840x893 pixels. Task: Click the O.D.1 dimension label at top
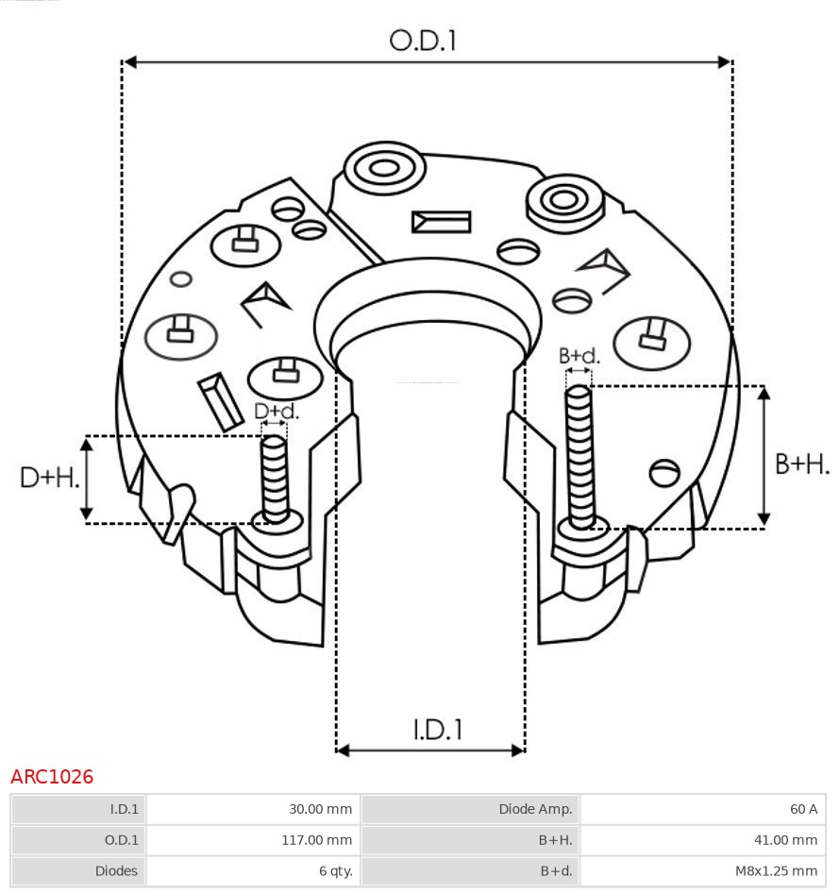click(x=423, y=41)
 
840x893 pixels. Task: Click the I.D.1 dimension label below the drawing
click(x=437, y=729)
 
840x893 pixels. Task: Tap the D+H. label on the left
click(x=48, y=478)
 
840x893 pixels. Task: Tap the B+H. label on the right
click(x=802, y=463)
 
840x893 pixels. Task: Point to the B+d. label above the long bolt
click(x=579, y=356)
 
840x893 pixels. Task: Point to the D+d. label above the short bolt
click(x=277, y=412)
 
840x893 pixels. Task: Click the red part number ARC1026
click(x=52, y=777)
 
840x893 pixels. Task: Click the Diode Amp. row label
click(x=535, y=809)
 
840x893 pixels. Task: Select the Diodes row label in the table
click(x=116, y=870)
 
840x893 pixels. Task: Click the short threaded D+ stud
click(x=275, y=477)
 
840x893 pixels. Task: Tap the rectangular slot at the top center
click(x=441, y=222)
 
